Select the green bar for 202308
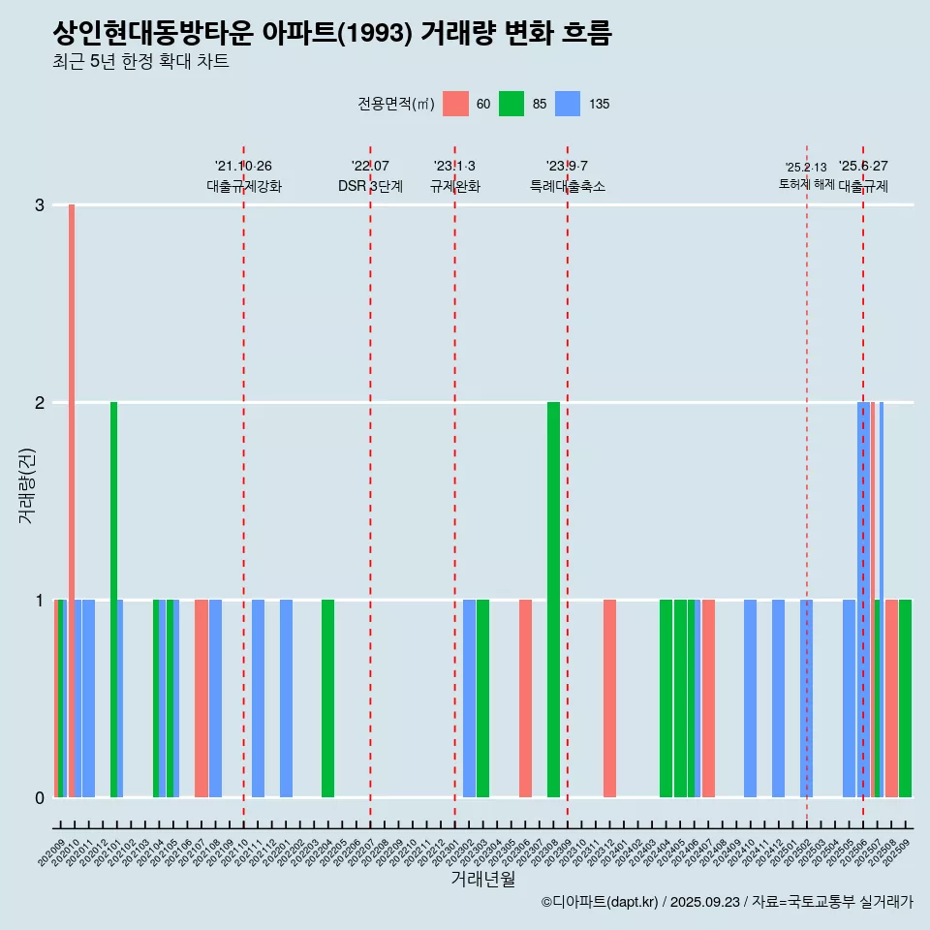point(553,601)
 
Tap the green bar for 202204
point(327,698)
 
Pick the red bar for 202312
point(609,698)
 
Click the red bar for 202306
point(525,698)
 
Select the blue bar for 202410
point(750,698)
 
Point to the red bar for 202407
point(708,698)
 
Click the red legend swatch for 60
point(455,104)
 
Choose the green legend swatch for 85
point(511,104)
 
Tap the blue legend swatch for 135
point(568,104)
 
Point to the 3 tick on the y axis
point(40,205)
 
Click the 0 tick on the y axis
point(40,798)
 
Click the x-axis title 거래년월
point(482,879)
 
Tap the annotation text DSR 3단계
point(370,186)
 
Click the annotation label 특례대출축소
point(568,186)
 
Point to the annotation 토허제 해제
point(806,184)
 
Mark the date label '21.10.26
point(243,167)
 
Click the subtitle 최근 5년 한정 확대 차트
point(140,63)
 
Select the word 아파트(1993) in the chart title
point(338,34)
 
